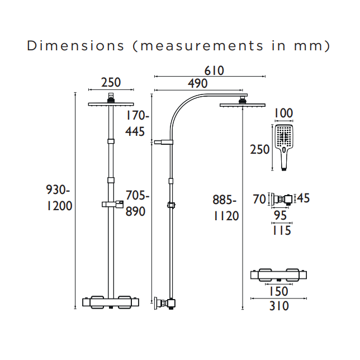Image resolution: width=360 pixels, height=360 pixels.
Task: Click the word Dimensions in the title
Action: click(x=75, y=45)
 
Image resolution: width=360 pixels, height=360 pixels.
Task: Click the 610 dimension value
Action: click(x=214, y=71)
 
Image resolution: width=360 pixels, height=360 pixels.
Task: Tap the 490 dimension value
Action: click(x=197, y=84)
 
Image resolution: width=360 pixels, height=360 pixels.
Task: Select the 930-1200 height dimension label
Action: click(x=58, y=198)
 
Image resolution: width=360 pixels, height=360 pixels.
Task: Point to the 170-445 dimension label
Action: click(x=136, y=124)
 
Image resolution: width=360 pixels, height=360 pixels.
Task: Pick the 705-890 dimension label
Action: click(x=137, y=203)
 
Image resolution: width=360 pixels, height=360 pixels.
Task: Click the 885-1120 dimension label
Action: click(x=225, y=208)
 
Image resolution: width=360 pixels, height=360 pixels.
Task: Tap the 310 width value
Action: click(x=279, y=306)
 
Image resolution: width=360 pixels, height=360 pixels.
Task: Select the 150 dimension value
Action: click(x=278, y=291)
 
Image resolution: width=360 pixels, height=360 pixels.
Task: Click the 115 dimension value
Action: click(x=281, y=230)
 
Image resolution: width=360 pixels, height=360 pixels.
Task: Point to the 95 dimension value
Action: click(x=281, y=216)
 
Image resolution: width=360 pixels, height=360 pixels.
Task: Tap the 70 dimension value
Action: click(x=259, y=198)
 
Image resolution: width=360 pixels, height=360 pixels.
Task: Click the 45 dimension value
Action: click(x=302, y=198)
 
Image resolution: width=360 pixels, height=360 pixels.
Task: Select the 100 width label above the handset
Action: click(x=284, y=114)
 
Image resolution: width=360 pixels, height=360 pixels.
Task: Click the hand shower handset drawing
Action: click(x=284, y=145)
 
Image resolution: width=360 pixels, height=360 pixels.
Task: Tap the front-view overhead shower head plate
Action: click(x=111, y=103)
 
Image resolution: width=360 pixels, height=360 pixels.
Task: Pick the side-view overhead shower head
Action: click(x=242, y=104)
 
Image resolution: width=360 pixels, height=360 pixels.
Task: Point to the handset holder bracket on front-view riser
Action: click(x=111, y=205)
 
